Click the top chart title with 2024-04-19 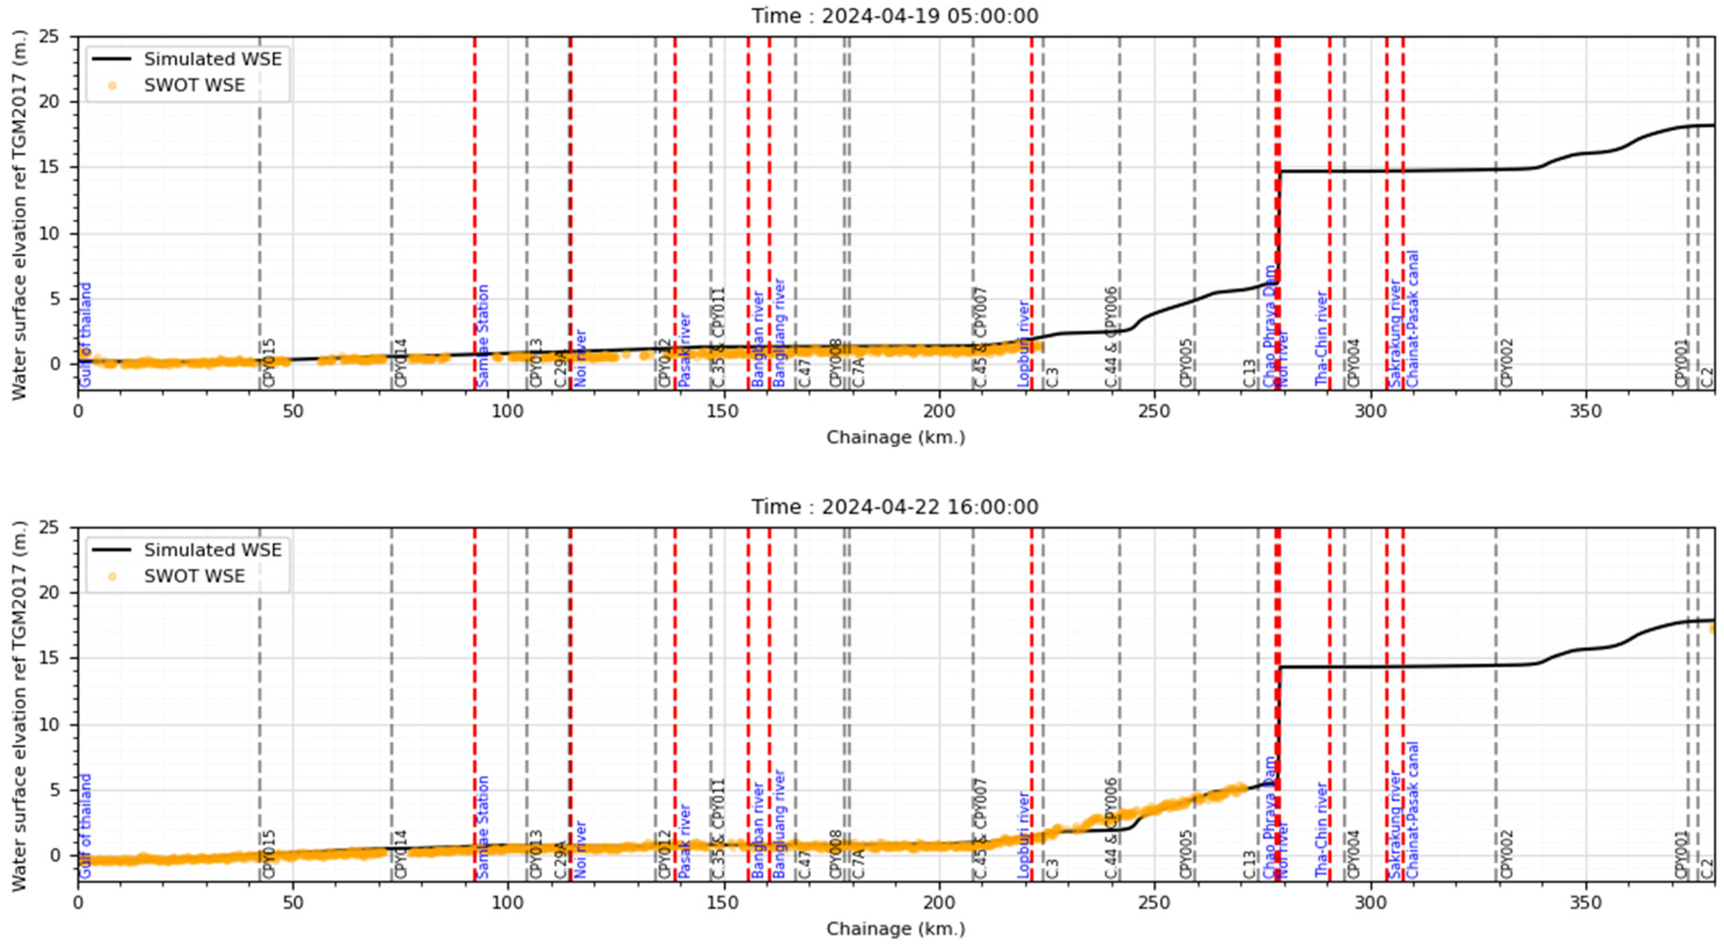(895, 15)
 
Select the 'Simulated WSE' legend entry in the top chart (212, 59)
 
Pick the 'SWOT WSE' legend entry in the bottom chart (194, 576)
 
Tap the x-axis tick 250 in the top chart (1154, 411)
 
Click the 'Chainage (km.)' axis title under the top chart (895, 438)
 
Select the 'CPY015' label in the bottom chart (269, 854)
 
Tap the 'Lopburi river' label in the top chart (1023, 343)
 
